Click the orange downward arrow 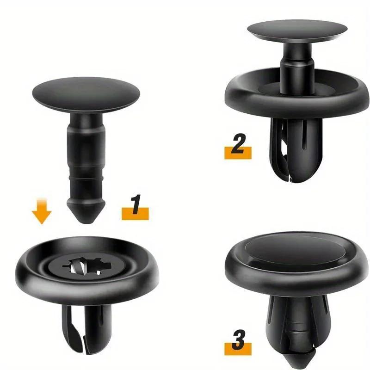click(x=42, y=211)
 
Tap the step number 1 click(x=136, y=204)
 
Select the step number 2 click(x=238, y=144)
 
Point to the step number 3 click(x=239, y=340)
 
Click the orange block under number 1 click(x=135, y=214)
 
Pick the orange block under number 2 click(x=238, y=153)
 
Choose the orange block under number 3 click(x=238, y=349)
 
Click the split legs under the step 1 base click(x=86, y=330)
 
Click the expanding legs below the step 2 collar click(x=296, y=150)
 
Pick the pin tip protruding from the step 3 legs click(x=298, y=359)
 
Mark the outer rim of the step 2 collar click(x=297, y=107)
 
